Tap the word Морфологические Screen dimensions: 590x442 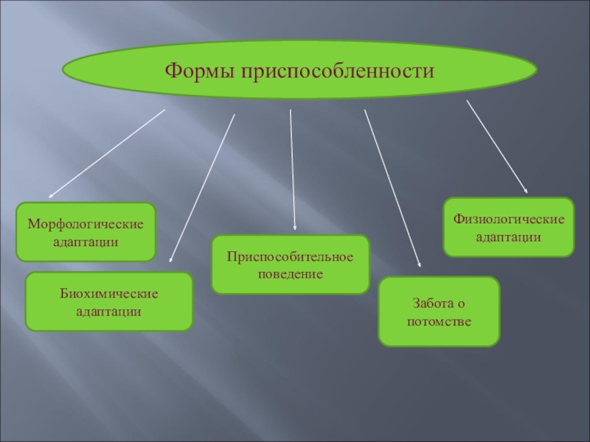(86, 223)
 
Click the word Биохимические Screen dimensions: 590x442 (109, 294)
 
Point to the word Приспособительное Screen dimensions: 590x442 (290, 256)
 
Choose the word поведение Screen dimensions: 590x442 (290, 273)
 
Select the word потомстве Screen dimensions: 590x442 (439, 322)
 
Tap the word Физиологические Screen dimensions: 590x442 (509, 219)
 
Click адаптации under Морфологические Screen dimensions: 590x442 (86, 241)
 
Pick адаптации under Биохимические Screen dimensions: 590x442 (109, 312)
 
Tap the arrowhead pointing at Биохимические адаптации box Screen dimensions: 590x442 (170, 259)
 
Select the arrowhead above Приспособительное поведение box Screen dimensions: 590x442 (294, 228)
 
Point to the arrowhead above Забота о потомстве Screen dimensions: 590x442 (419, 263)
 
